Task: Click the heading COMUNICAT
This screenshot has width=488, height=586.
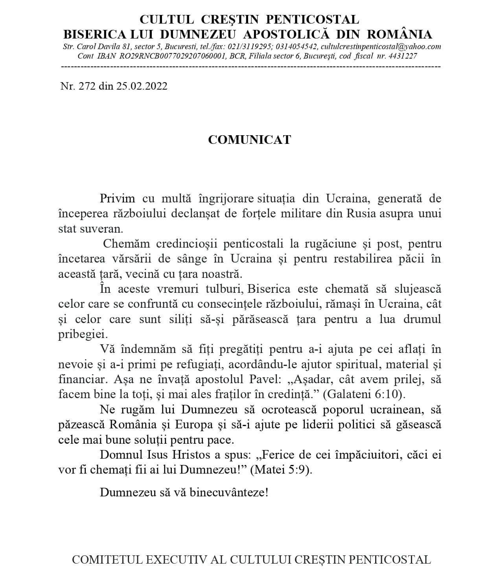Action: (x=249, y=140)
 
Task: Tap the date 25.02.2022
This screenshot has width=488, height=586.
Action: (x=142, y=86)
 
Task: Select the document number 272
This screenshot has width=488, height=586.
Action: (x=87, y=86)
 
